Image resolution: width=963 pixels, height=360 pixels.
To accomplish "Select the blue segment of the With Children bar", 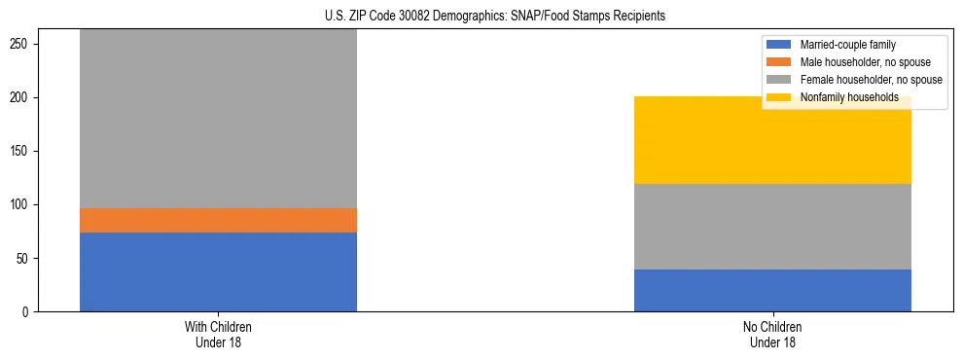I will (x=218, y=271).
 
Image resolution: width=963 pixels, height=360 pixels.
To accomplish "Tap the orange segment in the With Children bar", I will (x=218, y=220).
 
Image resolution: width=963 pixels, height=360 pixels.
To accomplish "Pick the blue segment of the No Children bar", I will (x=772, y=290).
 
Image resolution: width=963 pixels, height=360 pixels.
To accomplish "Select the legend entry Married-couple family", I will (x=847, y=45).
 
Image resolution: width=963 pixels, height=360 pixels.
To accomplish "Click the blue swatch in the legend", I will (x=779, y=45).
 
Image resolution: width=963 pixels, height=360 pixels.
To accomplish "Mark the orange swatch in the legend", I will (x=779, y=62).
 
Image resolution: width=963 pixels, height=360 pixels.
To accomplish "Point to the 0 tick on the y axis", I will (x=27, y=312).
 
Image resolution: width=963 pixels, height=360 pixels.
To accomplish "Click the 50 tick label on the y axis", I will (x=24, y=259).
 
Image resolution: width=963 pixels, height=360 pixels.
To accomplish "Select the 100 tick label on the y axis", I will (x=21, y=205).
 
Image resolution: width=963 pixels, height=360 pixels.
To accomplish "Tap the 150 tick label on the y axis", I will (x=21, y=152).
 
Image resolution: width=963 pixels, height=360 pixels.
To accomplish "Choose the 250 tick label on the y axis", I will (x=21, y=45).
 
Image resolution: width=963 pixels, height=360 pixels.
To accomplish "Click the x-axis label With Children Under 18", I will (x=218, y=334).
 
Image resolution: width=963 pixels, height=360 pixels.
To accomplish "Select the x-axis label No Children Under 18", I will (x=772, y=334).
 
